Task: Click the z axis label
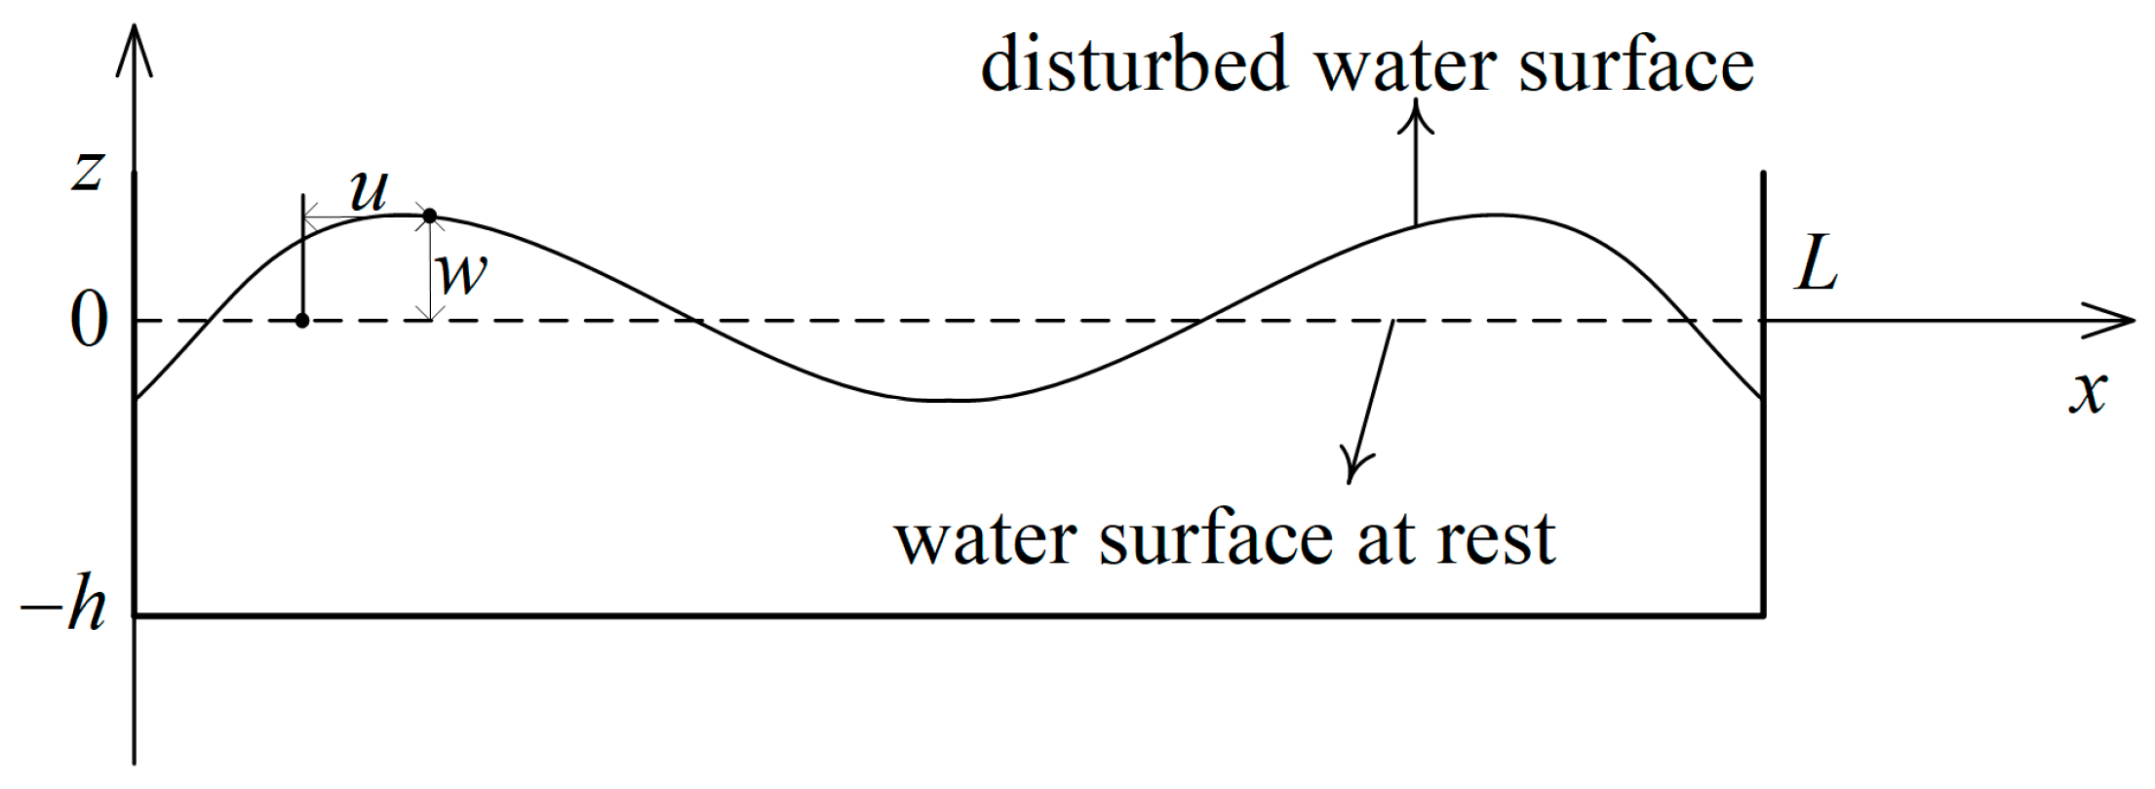(x=88, y=173)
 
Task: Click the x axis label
(x=2089, y=393)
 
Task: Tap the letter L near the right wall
(x=1817, y=265)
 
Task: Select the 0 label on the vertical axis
(x=89, y=322)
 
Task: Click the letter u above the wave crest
(x=369, y=191)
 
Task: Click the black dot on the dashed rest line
(x=302, y=321)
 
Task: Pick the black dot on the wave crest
(x=429, y=216)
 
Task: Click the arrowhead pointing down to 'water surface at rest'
(x=1353, y=468)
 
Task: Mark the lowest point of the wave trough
(x=946, y=400)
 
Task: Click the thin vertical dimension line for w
(x=430, y=268)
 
